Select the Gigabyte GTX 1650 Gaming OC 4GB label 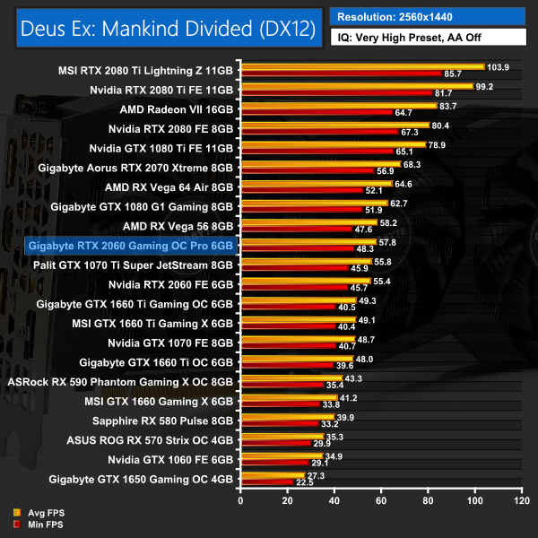135,480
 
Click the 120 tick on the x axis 520,498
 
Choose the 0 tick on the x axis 240,498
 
